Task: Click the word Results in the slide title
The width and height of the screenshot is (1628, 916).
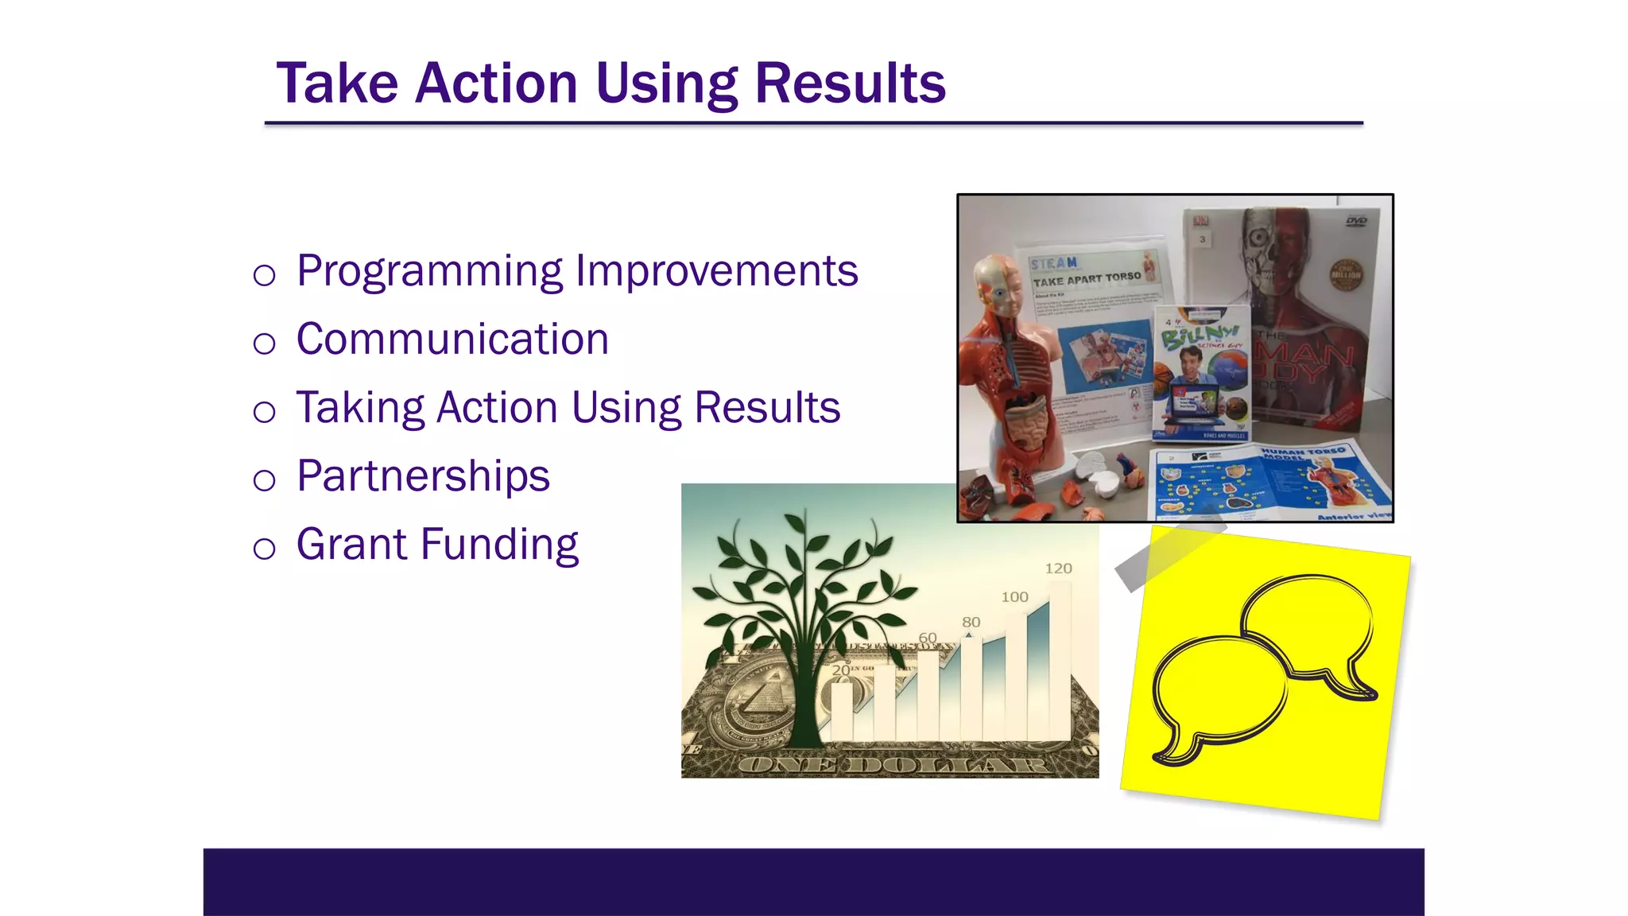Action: (x=850, y=83)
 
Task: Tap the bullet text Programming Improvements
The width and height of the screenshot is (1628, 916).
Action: (x=577, y=271)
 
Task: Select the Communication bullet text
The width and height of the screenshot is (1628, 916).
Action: (x=452, y=340)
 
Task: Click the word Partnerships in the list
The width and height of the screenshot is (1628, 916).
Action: (x=423, y=476)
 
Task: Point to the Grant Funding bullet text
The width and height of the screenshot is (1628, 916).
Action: (x=437, y=545)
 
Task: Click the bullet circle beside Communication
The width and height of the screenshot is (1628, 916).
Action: (x=264, y=343)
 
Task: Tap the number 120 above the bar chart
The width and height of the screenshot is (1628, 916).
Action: (x=1058, y=569)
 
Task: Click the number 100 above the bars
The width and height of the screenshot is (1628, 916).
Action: (x=1014, y=597)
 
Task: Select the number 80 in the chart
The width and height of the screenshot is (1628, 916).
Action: (x=971, y=623)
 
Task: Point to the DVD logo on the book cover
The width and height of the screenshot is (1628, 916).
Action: (x=1356, y=220)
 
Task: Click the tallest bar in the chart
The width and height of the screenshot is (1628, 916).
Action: (x=1060, y=660)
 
